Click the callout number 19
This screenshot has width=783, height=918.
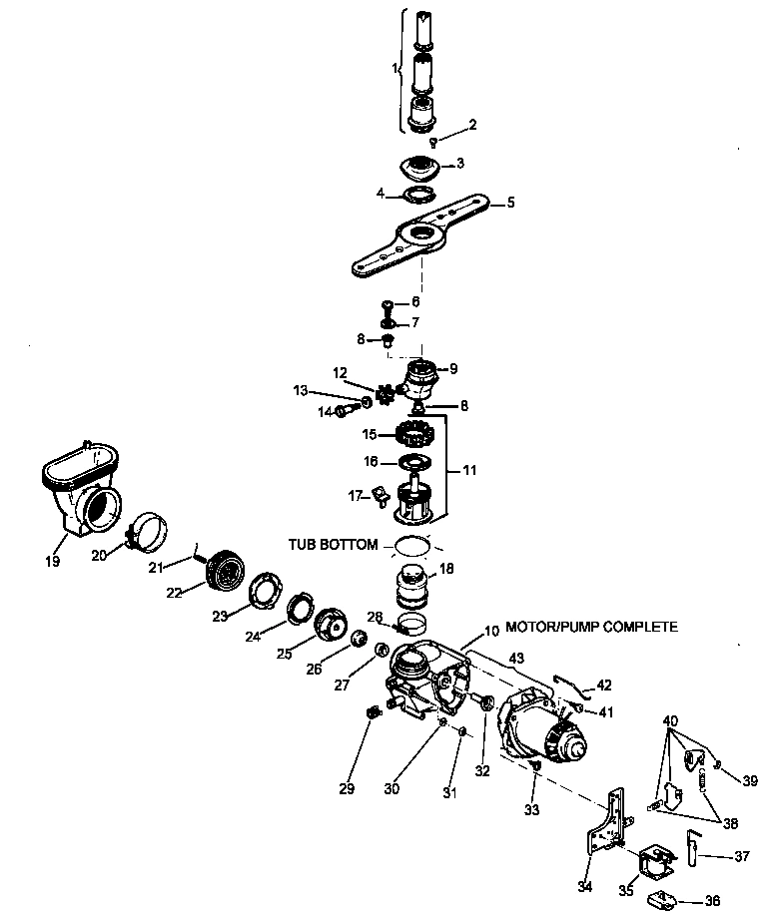coord(52,562)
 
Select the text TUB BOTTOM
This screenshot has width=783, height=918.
coord(334,545)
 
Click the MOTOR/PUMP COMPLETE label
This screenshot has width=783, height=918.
coord(591,627)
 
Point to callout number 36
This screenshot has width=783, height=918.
coord(712,900)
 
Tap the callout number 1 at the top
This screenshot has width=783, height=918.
coord(395,69)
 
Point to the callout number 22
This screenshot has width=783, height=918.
coord(174,593)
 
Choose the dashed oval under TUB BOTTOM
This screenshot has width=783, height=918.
coord(413,546)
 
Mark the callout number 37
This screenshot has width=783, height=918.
coord(741,855)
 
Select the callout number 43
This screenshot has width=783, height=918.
coord(515,658)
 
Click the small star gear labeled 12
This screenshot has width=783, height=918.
coord(385,389)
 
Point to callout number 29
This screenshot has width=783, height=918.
coord(347,789)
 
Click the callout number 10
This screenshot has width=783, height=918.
coord(490,631)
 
